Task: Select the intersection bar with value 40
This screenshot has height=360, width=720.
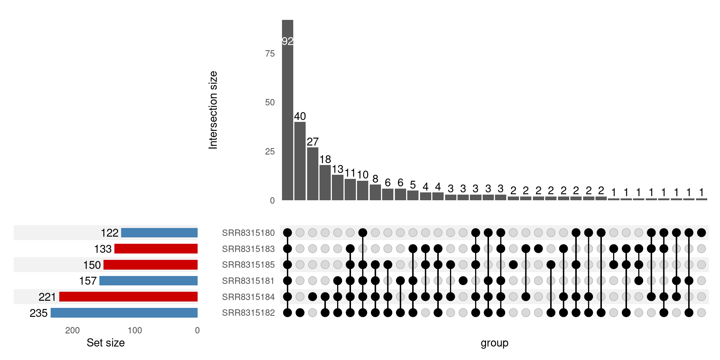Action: click(300, 161)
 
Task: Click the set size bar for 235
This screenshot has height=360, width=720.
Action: click(124, 313)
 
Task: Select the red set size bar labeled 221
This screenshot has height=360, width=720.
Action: click(128, 297)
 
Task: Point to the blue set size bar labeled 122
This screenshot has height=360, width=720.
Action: click(159, 233)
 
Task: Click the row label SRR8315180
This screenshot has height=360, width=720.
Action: click(248, 233)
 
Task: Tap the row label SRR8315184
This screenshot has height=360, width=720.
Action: click(248, 297)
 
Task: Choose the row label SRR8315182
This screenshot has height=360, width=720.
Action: click(248, 313)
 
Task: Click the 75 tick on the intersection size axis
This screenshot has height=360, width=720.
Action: click(270, 54)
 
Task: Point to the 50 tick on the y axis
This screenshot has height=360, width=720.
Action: click(270, 102)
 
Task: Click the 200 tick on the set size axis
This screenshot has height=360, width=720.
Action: click(72, 330)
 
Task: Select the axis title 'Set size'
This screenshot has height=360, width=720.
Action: click(106, 343)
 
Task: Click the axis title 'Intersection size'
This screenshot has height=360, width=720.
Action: click(213, 110)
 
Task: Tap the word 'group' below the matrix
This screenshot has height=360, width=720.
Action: click(494, 343)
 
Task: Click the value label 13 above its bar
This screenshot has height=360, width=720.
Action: click(337, 169)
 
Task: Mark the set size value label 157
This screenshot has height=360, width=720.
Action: click(88, 281)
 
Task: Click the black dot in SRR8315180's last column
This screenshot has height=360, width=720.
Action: click(701, 233)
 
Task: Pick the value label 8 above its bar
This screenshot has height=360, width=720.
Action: click(375, 179)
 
